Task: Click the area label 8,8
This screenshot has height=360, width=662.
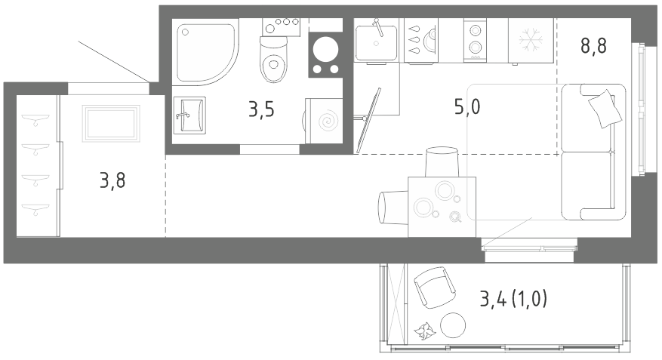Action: coord(593,45)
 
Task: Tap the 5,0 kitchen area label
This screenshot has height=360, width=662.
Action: coord(467,106)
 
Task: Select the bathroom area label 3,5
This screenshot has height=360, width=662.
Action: coord(261,109)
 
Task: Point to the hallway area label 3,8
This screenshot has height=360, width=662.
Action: coord(112,180)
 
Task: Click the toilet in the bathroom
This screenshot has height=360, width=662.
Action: coord(273,59)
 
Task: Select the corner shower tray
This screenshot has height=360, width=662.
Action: coord(205,52)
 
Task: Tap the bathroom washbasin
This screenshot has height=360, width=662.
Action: coord(189,115)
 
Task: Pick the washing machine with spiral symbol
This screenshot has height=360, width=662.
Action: coord(324,121)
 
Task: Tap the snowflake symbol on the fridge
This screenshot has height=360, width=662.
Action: coord(531,40)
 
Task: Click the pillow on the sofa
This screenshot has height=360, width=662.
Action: coord(605,109)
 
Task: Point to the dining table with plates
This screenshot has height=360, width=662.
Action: coord(442,207)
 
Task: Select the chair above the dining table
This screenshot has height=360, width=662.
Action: coord(442,162)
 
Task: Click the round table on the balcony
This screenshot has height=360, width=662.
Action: coord(453,325)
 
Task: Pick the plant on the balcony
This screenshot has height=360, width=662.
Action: coord(424,331)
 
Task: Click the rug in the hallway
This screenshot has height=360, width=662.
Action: coord(111,123)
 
